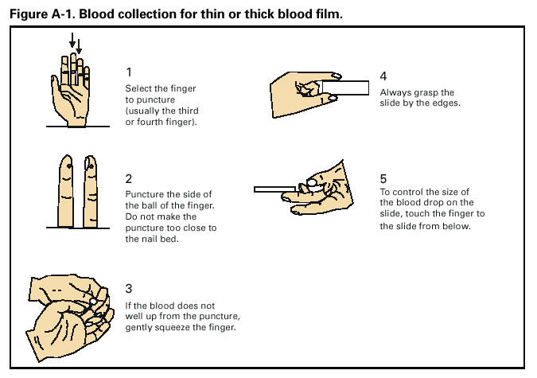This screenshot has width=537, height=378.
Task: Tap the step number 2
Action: click(129, 178)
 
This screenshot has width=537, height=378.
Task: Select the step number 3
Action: click(129, 287)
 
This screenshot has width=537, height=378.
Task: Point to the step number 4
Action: click(383, 76)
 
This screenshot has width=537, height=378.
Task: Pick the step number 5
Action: click(383, 177)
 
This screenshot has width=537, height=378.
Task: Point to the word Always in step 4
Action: click(395, 92)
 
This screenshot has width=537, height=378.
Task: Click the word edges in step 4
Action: click(446, 103)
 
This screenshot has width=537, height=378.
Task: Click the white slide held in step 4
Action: click(353, 88)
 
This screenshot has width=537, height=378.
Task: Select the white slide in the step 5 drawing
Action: click(274, 189)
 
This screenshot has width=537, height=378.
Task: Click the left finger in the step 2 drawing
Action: click(67, 190)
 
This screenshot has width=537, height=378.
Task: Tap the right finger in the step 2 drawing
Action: click(90, 190)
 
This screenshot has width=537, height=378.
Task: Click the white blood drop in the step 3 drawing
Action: click(94, 302)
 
